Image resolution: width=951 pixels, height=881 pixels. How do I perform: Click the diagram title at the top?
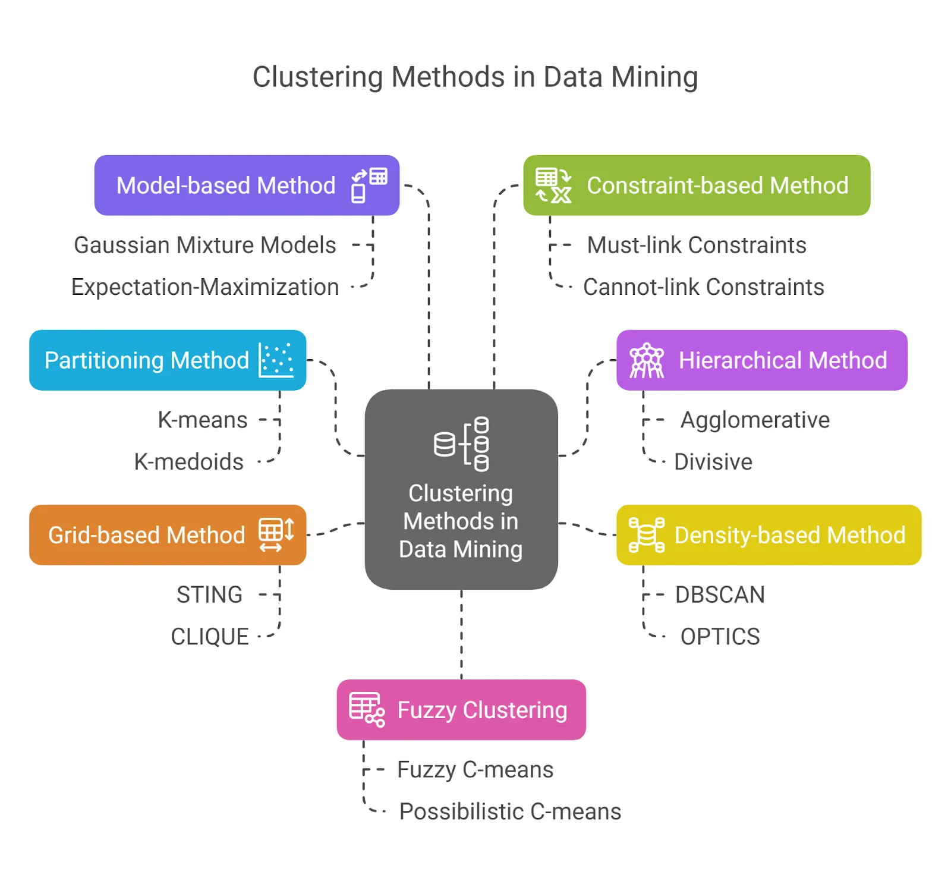coord(475,77)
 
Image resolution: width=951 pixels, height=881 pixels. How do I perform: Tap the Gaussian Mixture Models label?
coord(204,245)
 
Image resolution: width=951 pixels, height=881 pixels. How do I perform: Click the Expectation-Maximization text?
coord(204,287)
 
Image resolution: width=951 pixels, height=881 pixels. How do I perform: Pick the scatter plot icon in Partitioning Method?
coord(276,360)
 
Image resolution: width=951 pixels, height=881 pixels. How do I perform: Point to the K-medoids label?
coord(188,462)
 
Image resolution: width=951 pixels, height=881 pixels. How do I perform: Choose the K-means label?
coord(202,420)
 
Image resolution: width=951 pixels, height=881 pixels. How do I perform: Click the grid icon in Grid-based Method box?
coord(276,534)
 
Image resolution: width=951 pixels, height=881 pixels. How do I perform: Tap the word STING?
coord(209,594)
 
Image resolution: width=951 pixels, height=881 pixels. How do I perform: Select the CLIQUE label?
coord(209,637)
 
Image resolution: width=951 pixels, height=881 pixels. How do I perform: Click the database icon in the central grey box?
coord(462,443)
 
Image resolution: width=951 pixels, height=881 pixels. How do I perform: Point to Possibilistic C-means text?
coord(510,811)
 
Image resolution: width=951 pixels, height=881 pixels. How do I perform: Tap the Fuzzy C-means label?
coord(475,769)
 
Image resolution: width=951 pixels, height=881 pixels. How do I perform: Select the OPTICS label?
coord(720,637)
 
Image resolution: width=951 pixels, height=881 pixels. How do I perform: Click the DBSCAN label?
coord(720,594)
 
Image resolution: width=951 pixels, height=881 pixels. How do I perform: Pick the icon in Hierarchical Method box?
coord(647,360)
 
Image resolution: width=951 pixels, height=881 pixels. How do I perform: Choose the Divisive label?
coord(713,462)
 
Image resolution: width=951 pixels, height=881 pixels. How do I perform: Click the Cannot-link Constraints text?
coord(703,287)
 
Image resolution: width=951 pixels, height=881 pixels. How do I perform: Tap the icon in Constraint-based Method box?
coord(553,185)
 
